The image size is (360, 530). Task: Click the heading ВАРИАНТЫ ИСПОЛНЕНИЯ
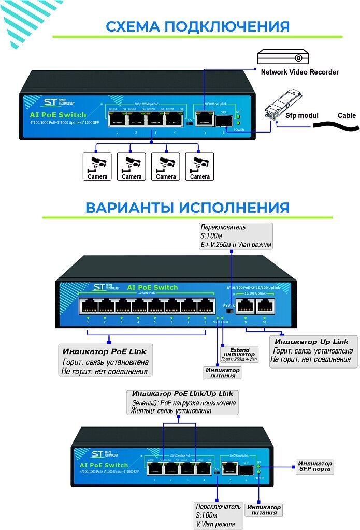click(187, 208)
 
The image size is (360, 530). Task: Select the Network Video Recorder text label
click(299, 72)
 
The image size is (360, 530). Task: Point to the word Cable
click(347, 115)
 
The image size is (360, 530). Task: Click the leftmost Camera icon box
click(97, 166)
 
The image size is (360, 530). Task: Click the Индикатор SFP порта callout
click(313, 466)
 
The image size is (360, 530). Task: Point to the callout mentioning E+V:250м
click(236, 236)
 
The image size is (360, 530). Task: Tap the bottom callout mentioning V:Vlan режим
click(218, 515)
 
